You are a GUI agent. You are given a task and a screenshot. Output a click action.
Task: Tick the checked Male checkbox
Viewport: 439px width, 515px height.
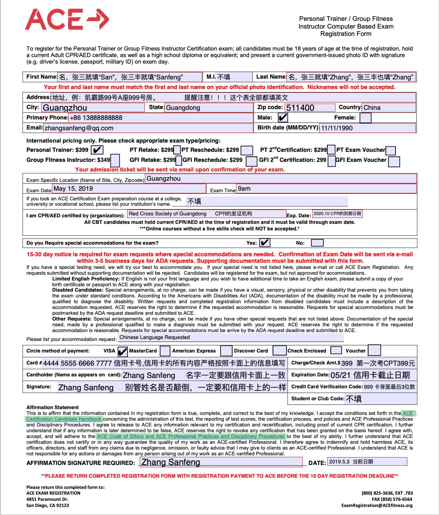(283, 117)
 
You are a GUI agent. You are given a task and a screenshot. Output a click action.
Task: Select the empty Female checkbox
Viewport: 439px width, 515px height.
(365, 117)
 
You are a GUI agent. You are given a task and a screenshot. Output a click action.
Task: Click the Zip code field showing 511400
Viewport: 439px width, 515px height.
(310, 107)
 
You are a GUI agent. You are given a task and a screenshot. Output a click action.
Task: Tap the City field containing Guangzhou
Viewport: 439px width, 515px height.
(92, 107)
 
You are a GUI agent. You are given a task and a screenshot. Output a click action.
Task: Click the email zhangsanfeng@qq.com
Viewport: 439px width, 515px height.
(79, 128)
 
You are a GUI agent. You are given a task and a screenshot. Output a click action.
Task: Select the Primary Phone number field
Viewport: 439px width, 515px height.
(160, 117)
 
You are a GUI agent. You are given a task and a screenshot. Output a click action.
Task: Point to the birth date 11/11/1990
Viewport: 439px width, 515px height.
(367, 128)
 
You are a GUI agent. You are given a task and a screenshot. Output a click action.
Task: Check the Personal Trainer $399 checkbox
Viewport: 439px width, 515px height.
(98, 150)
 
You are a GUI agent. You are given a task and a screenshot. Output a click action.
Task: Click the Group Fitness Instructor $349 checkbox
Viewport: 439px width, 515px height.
(115, 160)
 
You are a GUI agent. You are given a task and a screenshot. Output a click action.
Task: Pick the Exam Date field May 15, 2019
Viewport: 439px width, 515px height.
(129, 188)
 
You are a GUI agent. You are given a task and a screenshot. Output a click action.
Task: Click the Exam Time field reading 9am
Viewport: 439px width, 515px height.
(326, 188)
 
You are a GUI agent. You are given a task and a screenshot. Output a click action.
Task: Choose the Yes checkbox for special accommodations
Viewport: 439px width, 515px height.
(265, 243)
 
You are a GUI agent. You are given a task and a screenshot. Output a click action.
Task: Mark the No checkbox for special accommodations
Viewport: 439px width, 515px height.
(317, 243)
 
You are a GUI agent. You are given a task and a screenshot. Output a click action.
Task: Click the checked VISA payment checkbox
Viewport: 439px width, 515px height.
(122, 351)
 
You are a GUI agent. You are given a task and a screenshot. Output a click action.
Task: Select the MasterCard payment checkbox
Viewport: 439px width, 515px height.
(165, 351)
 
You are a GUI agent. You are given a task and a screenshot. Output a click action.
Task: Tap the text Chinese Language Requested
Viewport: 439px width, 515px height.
(154, 337)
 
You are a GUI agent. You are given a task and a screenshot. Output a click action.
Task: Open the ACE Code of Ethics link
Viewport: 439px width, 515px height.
(191, 436)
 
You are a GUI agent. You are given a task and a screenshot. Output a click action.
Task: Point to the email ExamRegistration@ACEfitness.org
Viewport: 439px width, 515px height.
(377, 505)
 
